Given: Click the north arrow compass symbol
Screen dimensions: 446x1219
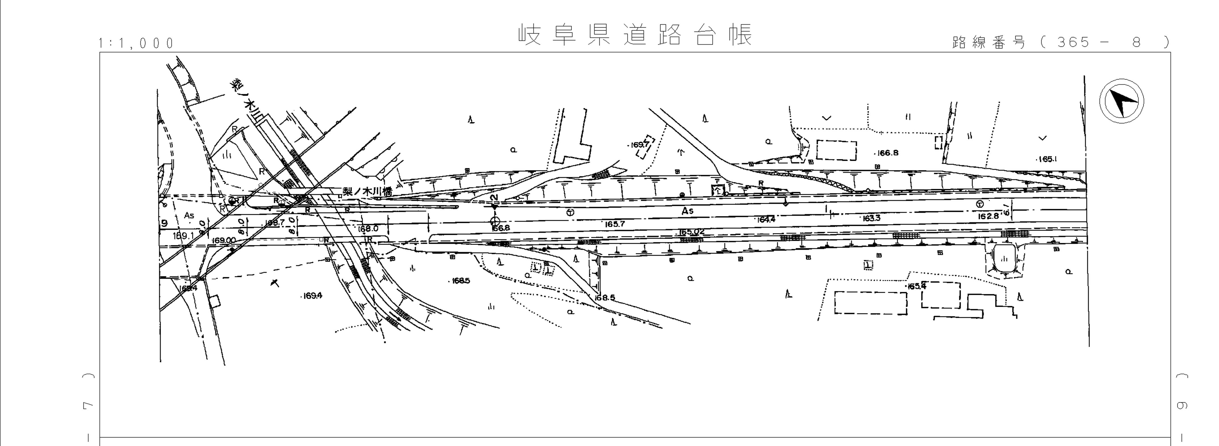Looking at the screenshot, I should pyautogui.click(x=1121, y=101).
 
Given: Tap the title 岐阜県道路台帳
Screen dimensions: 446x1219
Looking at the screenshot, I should pyautogui.click(x=635, y=35).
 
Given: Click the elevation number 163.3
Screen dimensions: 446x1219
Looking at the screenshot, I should pyautogui.click(x=871, y=218).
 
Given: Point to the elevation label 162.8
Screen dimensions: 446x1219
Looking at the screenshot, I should pyautogui.click(x=988, y=216).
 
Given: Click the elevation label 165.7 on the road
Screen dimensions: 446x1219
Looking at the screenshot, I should pyautogui.click(x=615, y=224).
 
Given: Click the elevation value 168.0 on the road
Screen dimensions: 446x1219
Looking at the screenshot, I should pyautogui.click(x=368, y=229).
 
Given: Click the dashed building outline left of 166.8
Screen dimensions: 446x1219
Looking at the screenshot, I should pyautogui.click(x=837, y=151).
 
